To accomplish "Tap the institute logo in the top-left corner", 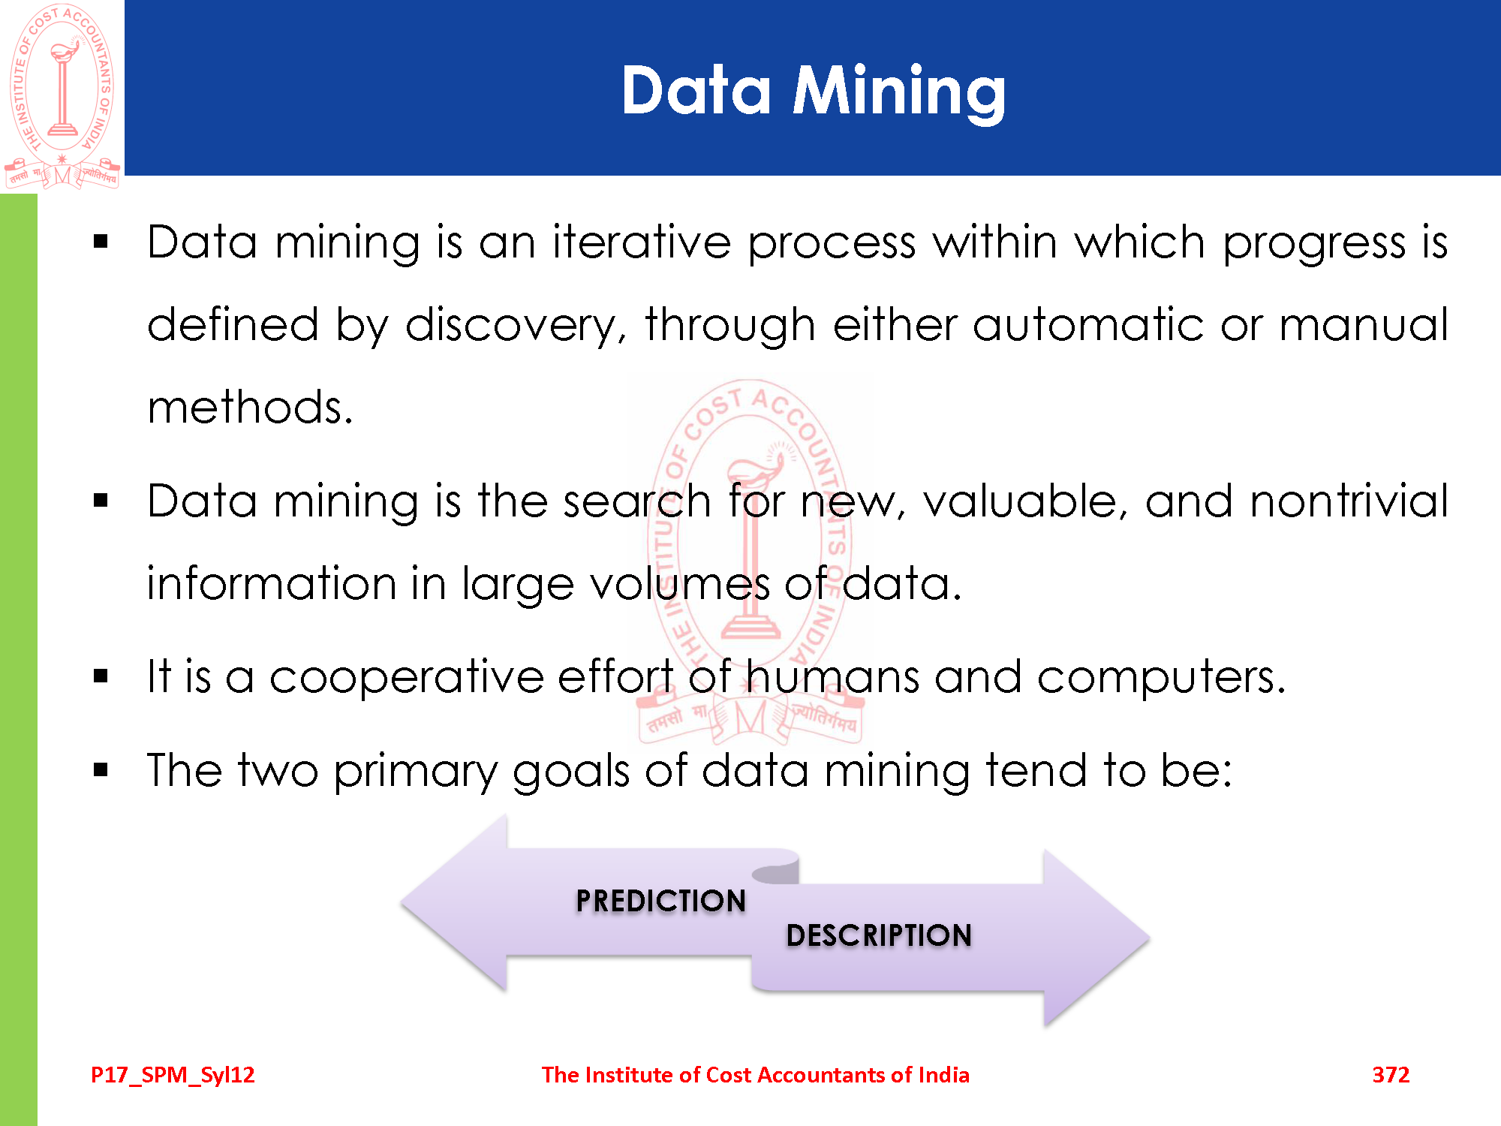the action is (x=62, y=96).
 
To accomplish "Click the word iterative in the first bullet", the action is (x=642, y=242).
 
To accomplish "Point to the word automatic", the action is (x=1088, y=325).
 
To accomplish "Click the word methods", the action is (x=250, y=408).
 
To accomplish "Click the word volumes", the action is (x=680, y=584).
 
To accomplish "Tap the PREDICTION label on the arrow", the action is (x=661, y=901).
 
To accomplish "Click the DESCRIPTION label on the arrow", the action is (x=879, y=935).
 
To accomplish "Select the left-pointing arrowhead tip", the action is (x=402, y=903).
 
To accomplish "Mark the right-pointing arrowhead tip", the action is (x=1149, y=938).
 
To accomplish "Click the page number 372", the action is (x=1391, y=1075).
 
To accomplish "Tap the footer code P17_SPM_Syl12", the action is (x=173, y=1076).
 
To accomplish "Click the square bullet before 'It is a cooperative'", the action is (x=101, y=676).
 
